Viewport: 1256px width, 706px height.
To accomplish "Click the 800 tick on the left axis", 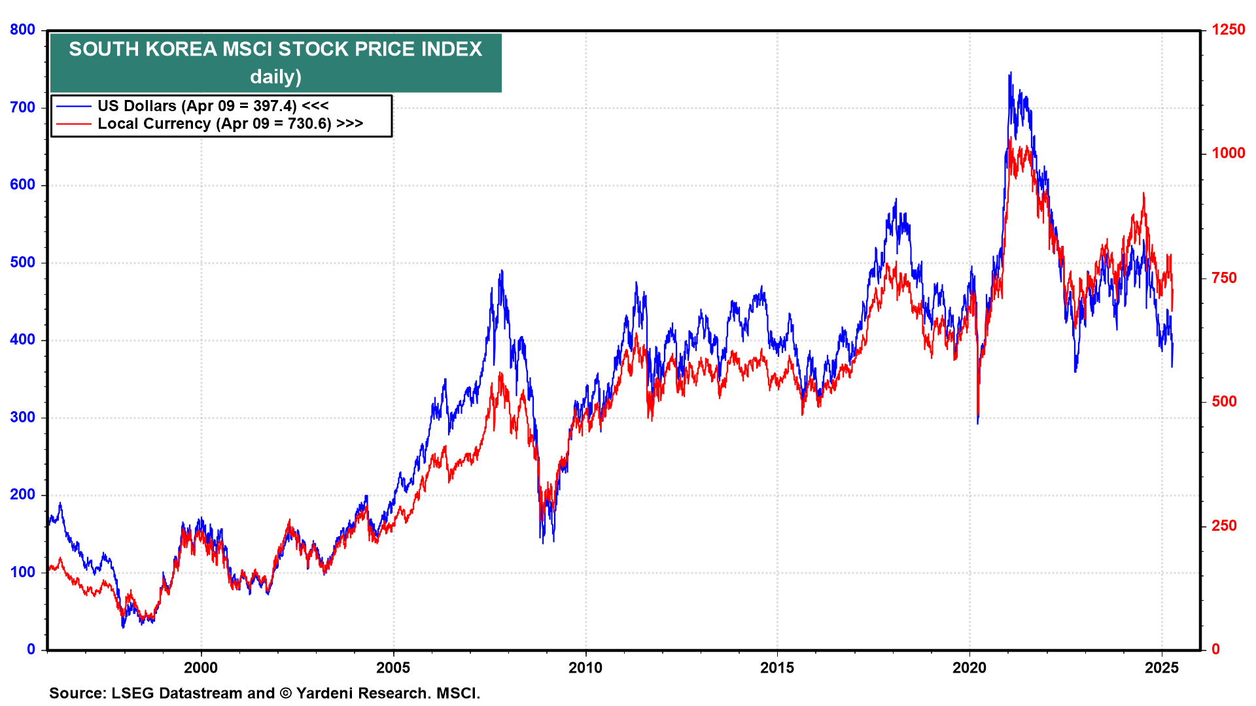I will [x=22, y=30].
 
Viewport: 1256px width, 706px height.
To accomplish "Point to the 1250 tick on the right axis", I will [x=1228, y=30].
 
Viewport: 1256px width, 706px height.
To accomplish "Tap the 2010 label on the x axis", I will [x=585, y=667].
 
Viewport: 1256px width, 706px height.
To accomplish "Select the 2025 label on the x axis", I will [x=1162, y=667].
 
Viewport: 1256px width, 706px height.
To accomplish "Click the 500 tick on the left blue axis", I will [x=22, y=263].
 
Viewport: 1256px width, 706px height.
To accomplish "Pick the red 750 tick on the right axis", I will [x=1224, y=278].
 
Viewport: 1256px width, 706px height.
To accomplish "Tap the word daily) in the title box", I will [x=275, y=76].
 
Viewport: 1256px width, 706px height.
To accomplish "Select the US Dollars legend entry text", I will [x=137, y=106].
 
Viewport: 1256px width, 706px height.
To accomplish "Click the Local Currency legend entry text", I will [x=154, y=124].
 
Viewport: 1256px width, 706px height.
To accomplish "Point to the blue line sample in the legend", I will [x=73, y=106].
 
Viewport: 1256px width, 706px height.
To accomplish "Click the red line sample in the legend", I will [x=73, y=124].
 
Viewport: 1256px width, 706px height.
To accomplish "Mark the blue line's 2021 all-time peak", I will [x=1010, y=73].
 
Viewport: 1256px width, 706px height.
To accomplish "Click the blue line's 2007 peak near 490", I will [x=502, y=271].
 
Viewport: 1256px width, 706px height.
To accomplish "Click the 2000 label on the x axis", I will [x=201, y=667].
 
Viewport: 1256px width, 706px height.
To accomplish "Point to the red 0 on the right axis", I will [x=1215, y=649].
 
